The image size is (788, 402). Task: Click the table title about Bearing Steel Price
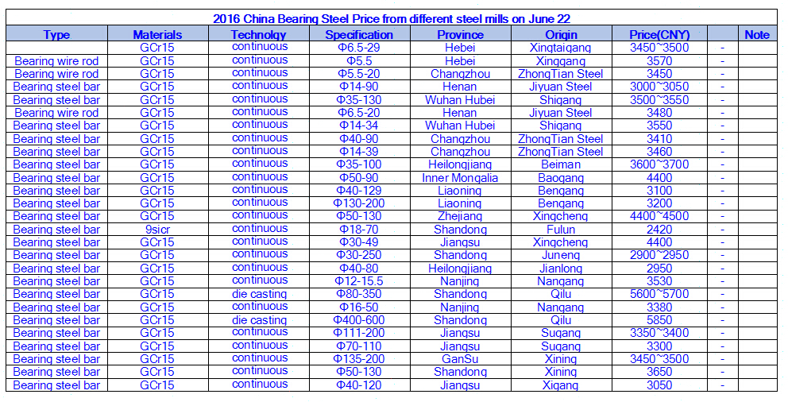[392, 18]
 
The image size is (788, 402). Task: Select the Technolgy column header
[258, 34]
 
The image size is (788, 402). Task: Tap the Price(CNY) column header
[659, 34]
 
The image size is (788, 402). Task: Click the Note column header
[757, 34]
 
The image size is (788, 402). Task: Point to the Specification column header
[359, 34]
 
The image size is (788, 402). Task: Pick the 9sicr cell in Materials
[157, 229]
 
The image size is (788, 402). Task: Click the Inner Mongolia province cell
[460, 177]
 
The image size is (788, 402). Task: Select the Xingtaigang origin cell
[561, 48]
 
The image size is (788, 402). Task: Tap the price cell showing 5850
[659, 319]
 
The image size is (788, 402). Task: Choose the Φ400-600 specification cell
[359, 319]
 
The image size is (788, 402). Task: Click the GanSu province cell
[460, 358]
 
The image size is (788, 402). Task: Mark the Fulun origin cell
[561, 229]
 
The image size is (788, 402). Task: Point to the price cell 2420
[659, 229]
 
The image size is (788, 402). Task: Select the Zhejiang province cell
[460, 216]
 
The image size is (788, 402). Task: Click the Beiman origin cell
[561, 164]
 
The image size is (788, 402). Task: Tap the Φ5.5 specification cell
[359, 60]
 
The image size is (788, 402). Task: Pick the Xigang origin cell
[561, 385]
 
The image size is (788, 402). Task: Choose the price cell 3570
[659, 60]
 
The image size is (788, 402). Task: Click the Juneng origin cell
[561, 255]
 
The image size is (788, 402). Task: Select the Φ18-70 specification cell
[359, 229]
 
